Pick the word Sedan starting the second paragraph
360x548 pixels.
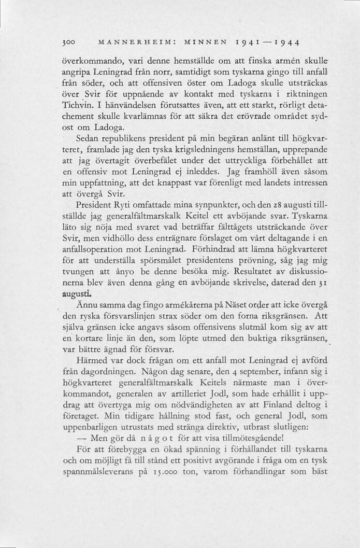click(87, 140)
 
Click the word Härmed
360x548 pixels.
click(93, 361)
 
